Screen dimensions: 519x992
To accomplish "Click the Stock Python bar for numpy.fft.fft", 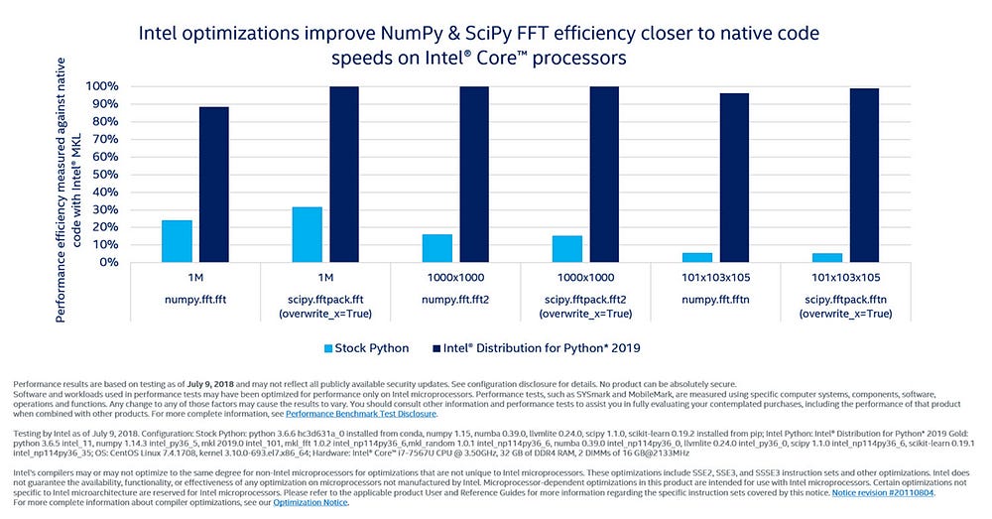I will pyautogui.click(x=177, y=241).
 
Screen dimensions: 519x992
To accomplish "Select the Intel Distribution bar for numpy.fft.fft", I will pyautogui.click(x=213, y=185).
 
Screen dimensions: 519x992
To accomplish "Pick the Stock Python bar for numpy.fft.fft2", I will pyautogui.click(x=436, y=248).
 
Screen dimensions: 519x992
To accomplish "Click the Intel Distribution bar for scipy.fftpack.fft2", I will pyautogui.click(x=604, y=175).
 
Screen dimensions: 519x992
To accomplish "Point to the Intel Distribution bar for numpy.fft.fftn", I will pyautogui.click(x=733, y=178).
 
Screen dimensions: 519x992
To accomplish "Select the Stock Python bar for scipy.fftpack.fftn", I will pyautogui.click(x=826, y=257).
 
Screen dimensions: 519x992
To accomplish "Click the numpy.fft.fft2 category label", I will pyautogui.click(x=455, y=297).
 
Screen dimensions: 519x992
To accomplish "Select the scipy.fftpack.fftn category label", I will pyautogui.click(x=844, y=297).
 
